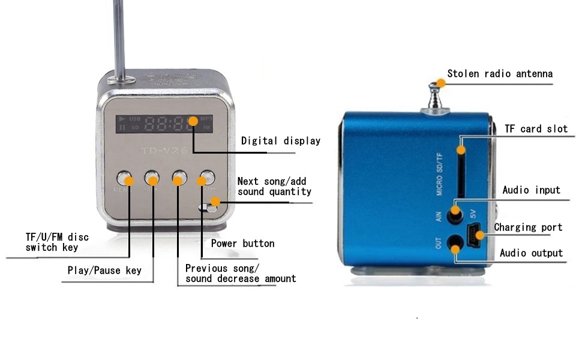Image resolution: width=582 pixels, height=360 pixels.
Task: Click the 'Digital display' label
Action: pos(280,141)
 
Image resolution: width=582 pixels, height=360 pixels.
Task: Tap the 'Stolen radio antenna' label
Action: pos(499,74)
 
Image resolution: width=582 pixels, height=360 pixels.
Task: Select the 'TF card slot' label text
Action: pos(536,128)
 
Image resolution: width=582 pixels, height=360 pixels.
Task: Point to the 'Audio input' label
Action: pos(531,190)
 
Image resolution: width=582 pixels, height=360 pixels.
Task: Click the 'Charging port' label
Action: pos(528,227)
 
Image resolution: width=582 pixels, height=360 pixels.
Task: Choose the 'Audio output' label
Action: pos(531,253)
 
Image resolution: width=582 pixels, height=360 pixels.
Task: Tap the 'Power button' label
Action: pos(242,244)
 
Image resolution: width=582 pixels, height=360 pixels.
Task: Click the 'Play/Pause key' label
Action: pos(104,271)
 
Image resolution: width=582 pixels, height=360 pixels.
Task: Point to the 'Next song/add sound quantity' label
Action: pos(274,187)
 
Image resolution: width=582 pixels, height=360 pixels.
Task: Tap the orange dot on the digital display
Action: pos(193,121)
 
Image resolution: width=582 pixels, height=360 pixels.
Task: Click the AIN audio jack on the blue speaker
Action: pos(456,212)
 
